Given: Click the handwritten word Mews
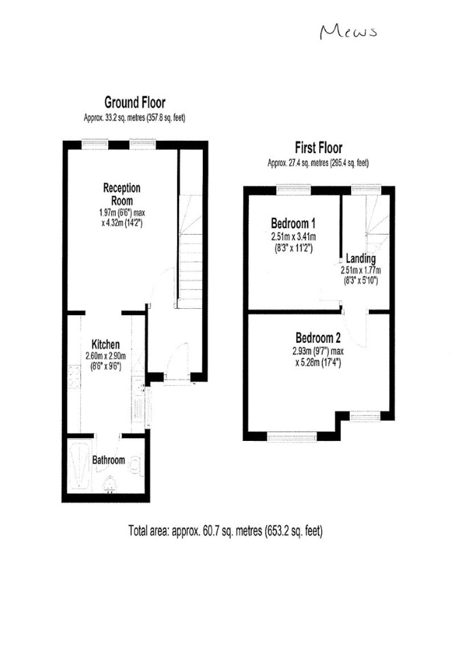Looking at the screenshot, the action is point(348,31).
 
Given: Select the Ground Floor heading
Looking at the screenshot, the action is point(135,102).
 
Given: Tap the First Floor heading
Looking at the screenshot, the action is point(319,147).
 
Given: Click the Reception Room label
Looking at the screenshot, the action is point(122,194).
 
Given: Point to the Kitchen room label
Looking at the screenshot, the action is point(105,344).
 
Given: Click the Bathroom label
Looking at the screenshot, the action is point(108,459).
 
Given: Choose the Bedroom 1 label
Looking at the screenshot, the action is point(293,223).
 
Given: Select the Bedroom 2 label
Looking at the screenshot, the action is point(318,337).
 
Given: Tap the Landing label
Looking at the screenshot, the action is point(361,259).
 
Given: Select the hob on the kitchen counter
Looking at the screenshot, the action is point(74,377).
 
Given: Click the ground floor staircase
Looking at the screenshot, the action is point(190,251).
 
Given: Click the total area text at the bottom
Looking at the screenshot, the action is point(225,531).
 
